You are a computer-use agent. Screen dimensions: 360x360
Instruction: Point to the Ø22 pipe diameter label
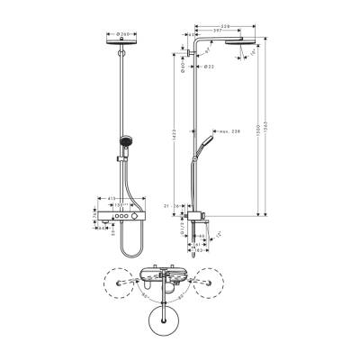(208, 67)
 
